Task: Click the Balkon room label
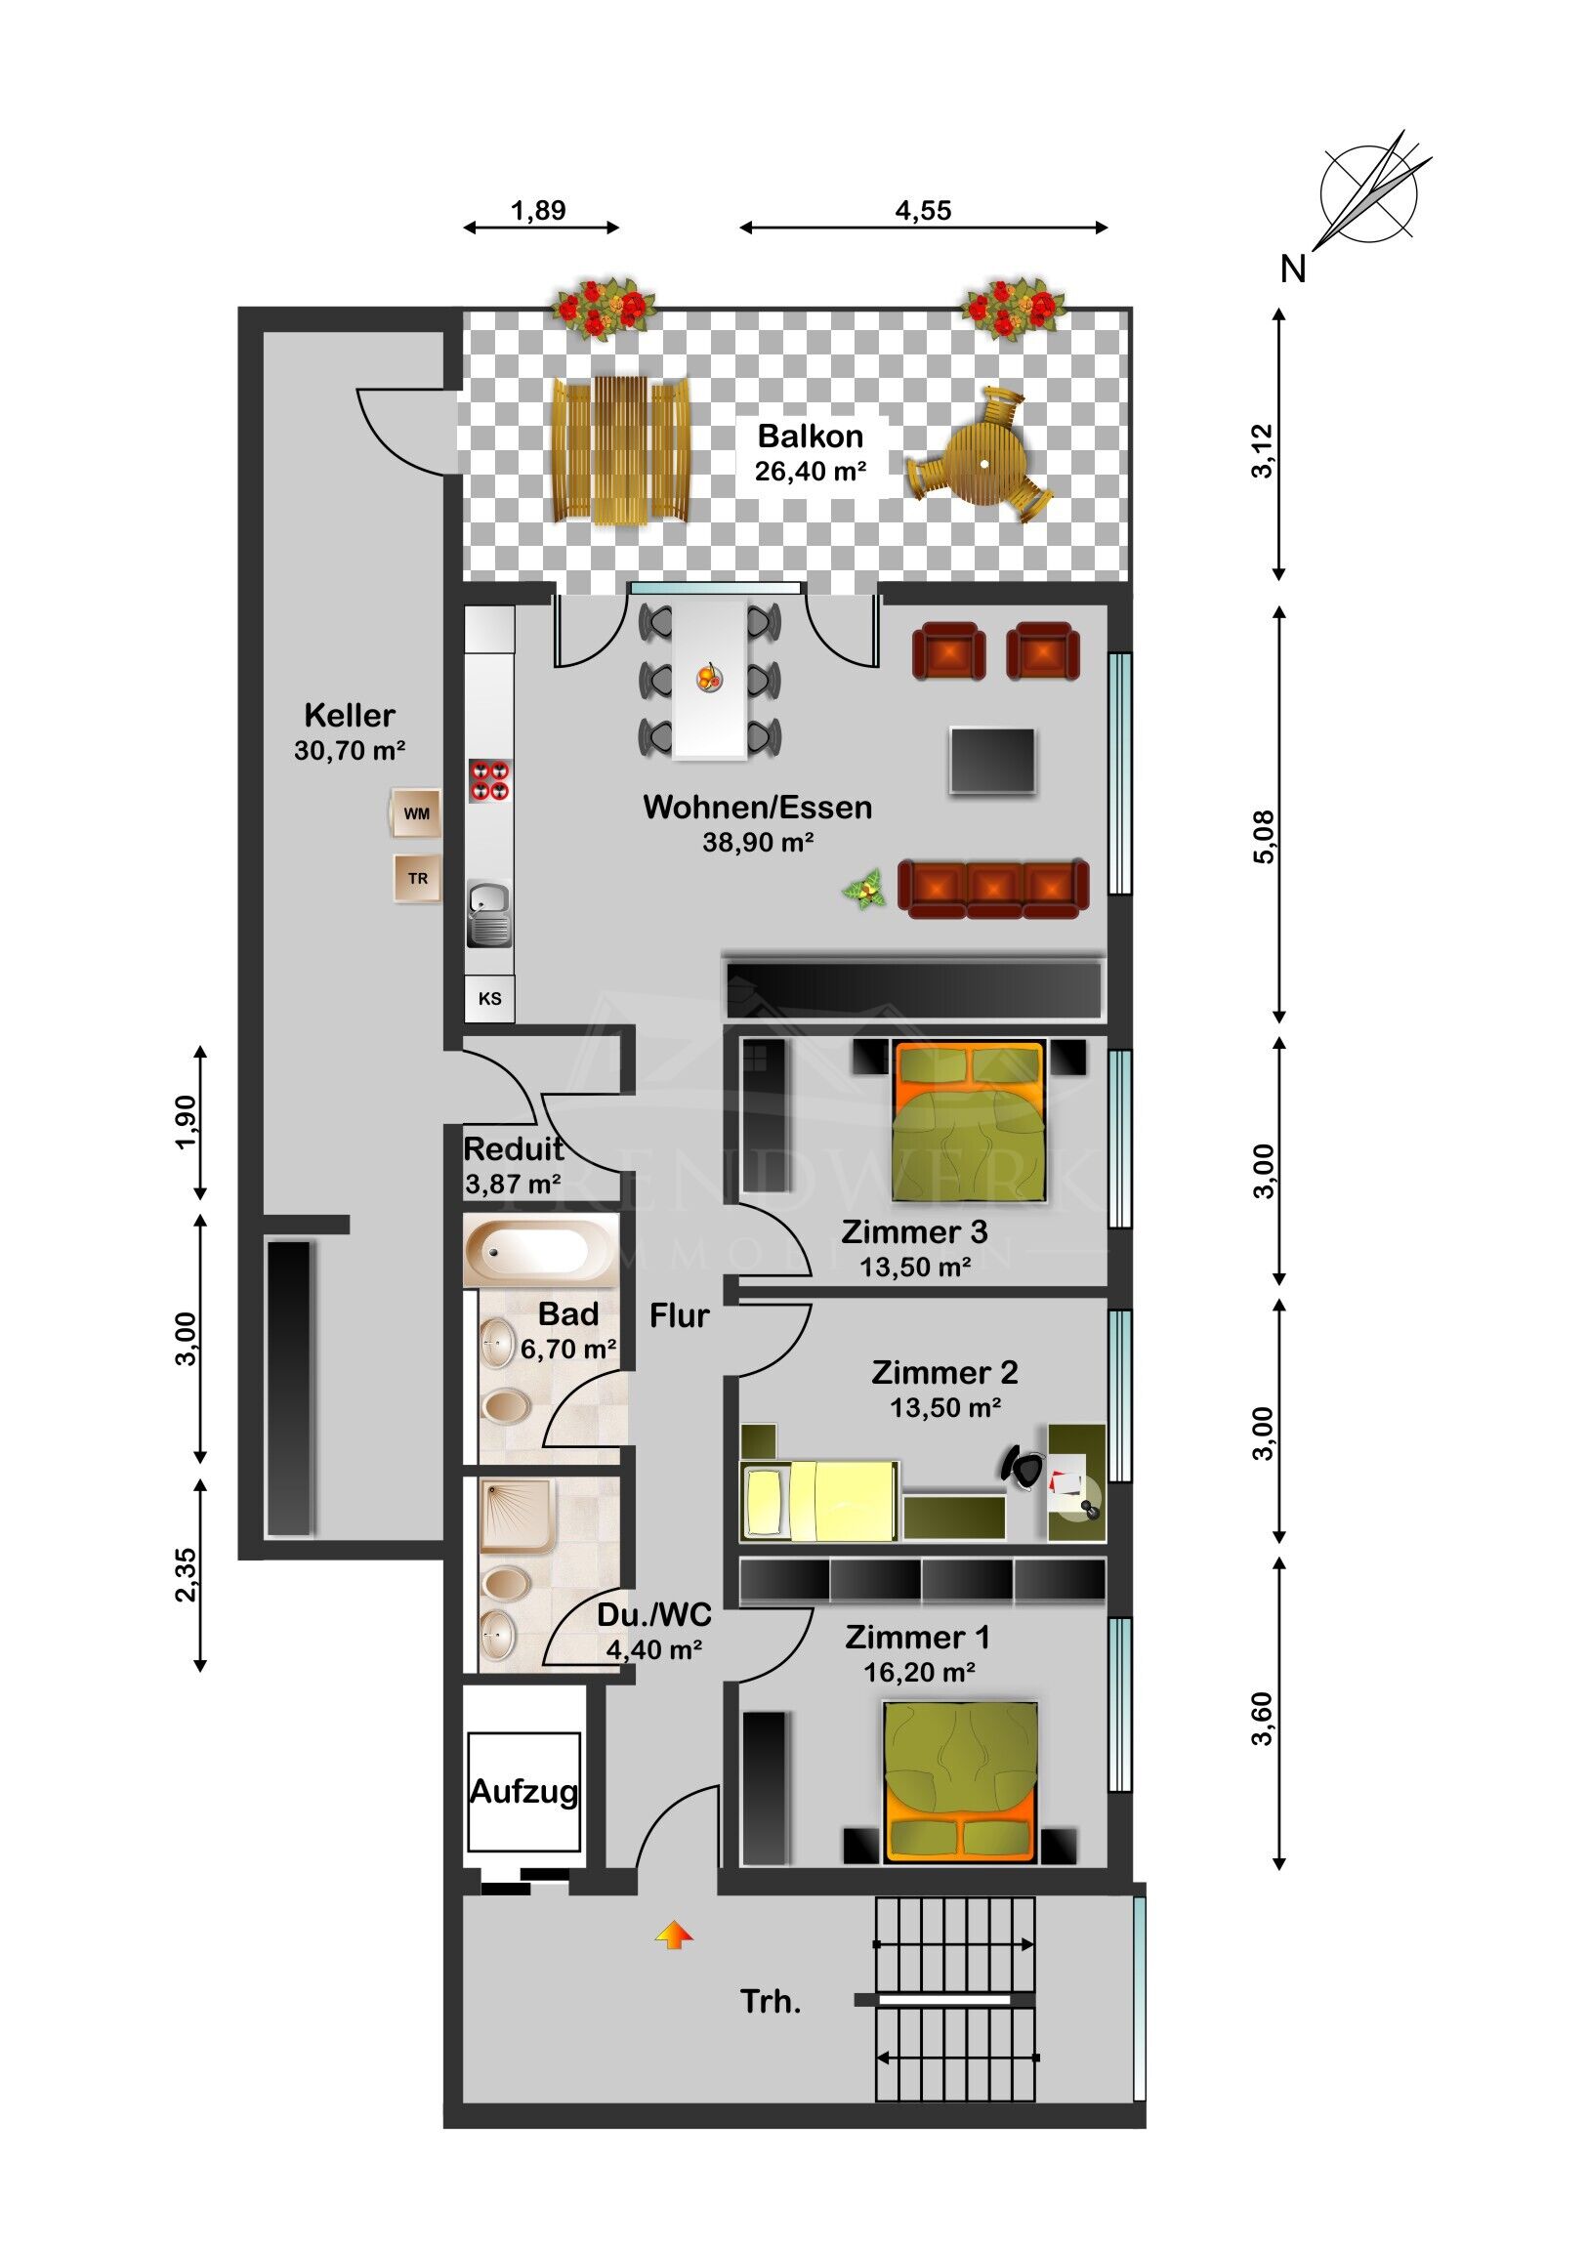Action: coord(811,437)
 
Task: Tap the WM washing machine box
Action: coord(416,812)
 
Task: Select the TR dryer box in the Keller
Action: coord(417,878)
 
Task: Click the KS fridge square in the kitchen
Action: coord(489,999)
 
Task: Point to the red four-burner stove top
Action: coord(489,779)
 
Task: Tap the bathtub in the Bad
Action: coord(541,1250)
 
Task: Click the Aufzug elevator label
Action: coord(523,1791)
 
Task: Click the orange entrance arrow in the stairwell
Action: coord(674,1934)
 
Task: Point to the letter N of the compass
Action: coord(1293,268)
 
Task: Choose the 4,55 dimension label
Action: coord(923,210)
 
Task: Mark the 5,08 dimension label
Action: coord(1264,837)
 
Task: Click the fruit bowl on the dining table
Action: coord(710,676)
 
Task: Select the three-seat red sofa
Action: coord(993,889)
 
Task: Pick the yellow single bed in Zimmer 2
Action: coord(820,1501)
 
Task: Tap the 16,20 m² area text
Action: coord(919,1672)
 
